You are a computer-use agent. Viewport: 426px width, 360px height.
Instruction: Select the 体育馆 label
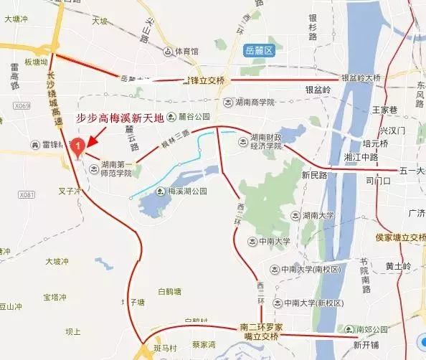(184, 52)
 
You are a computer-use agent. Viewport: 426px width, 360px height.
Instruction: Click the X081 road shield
(27, 194)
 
